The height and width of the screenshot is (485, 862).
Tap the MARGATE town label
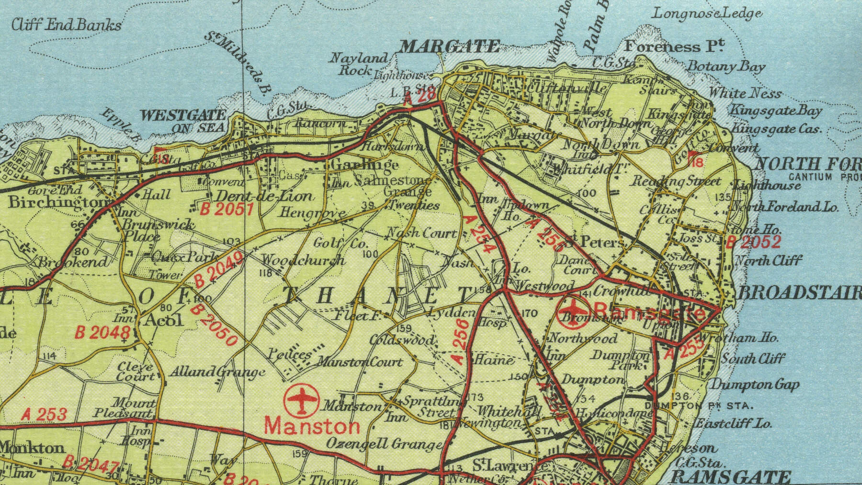tap(450, 47)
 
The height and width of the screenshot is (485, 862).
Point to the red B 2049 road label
tap(219, 270)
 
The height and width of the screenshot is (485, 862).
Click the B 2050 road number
tap(214, 325)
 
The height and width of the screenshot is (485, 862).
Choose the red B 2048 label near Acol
tap(103, 332)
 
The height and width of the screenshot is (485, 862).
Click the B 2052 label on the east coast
tap(753, 242)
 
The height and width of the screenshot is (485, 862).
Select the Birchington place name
tap(58, 203)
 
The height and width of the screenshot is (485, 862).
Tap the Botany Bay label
tap(726, 67)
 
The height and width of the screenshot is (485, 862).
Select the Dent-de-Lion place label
tap(263, 196)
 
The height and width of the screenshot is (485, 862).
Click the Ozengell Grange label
tap(384, 444)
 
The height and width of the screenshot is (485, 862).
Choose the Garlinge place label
tap(364, 164)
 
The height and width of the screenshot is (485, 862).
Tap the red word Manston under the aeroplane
tap(312, 425)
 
